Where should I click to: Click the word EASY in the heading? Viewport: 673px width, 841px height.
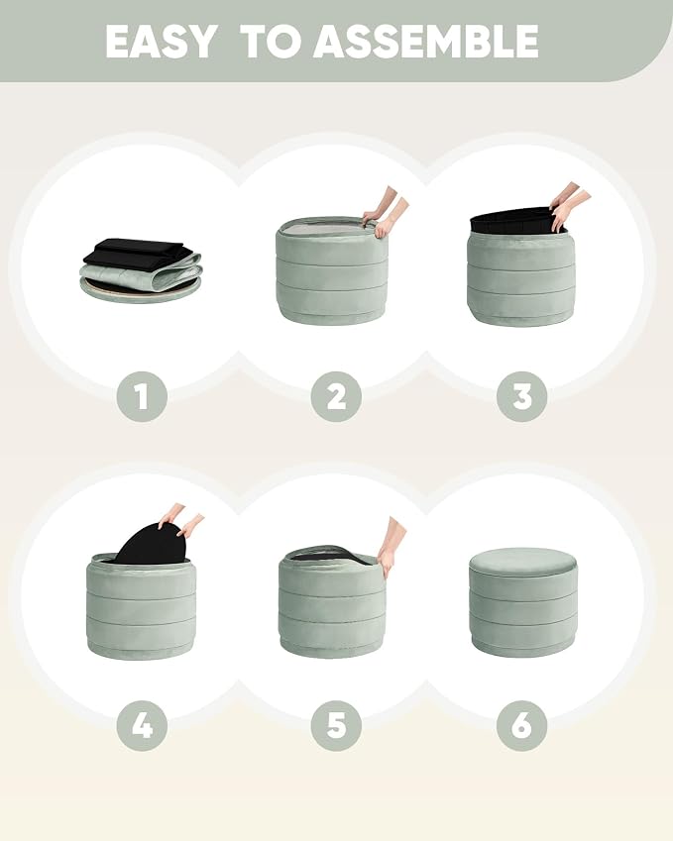point(161,42)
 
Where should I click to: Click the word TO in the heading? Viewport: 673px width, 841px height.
point(271,42)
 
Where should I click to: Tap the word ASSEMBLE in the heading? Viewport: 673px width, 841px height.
point(425,42)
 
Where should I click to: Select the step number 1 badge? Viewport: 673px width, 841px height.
point(142,397)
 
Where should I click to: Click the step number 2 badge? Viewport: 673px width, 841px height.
point(336,397)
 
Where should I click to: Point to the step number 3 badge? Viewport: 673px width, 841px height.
point(521,397)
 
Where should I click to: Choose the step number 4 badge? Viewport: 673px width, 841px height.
point(142,726)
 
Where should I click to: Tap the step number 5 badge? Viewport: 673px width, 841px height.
point(336,726)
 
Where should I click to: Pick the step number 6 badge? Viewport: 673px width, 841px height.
point(521,726)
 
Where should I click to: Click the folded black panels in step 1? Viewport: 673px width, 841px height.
point(137,251)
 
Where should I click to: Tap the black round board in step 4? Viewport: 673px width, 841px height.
point(152,543)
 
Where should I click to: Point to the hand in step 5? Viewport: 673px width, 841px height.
point(391,547)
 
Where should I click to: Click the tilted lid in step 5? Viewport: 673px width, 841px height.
point(332,554)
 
